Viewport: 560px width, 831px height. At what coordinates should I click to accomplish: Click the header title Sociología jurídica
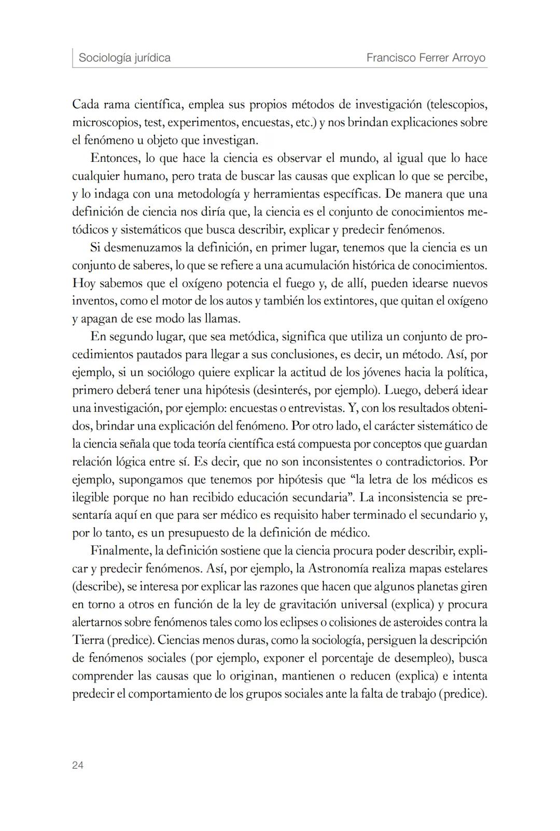click(x=124, y=58)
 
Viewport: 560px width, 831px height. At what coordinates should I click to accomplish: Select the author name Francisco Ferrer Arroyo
click(x=426, y=58)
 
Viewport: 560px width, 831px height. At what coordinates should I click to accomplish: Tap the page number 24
click(x=78, y=765)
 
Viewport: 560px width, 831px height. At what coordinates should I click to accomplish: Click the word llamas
click(x=222, y=318)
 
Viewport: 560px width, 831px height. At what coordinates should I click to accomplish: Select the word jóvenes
click(x=369, y=372)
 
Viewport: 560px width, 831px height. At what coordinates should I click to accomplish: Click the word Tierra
click(x=88, y=640)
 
